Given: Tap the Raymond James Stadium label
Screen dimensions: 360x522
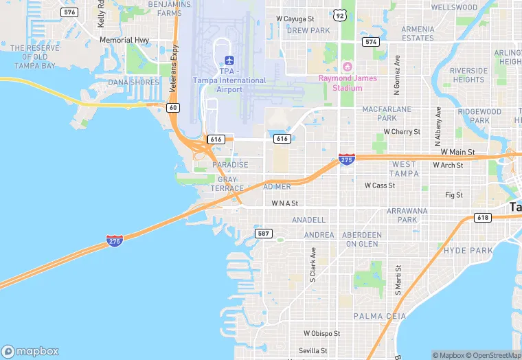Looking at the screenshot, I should pyautogui.click(x=347, y=82).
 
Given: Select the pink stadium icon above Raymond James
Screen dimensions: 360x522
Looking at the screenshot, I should pyautogui.click(x=347, y=67).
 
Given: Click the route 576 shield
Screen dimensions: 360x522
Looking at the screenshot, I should pyautogui.click(x=69, y=12).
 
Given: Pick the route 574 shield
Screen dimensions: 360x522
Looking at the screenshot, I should pyautogui.click(x=371, y=42).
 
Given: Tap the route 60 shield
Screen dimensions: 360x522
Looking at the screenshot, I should pyautogui.click(x=173, y=107).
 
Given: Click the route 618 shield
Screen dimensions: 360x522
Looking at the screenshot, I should pyautogui.click(x=483, y=217).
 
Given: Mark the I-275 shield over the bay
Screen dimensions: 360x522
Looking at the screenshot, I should pyautogui.click(x=115, y=240).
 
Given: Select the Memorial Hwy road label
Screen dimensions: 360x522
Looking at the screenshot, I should pyautogui.click(x=124, y=41).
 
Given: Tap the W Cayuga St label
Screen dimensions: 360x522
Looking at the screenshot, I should pyautogui.click(x=295, y=19).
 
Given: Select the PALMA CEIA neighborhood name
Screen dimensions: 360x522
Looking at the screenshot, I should pyautogui.click(x=379, y=315).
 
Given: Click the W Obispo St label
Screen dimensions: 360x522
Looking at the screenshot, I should pyautogui.click(x=322, y=333).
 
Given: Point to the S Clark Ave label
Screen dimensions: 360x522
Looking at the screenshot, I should pyautogui.click(x=312, y=265).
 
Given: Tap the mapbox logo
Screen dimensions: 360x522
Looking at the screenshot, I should pyautogui.click(x=30, y=351).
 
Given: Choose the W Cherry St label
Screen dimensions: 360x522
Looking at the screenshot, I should pyautogui.click(x=402, y=131).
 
